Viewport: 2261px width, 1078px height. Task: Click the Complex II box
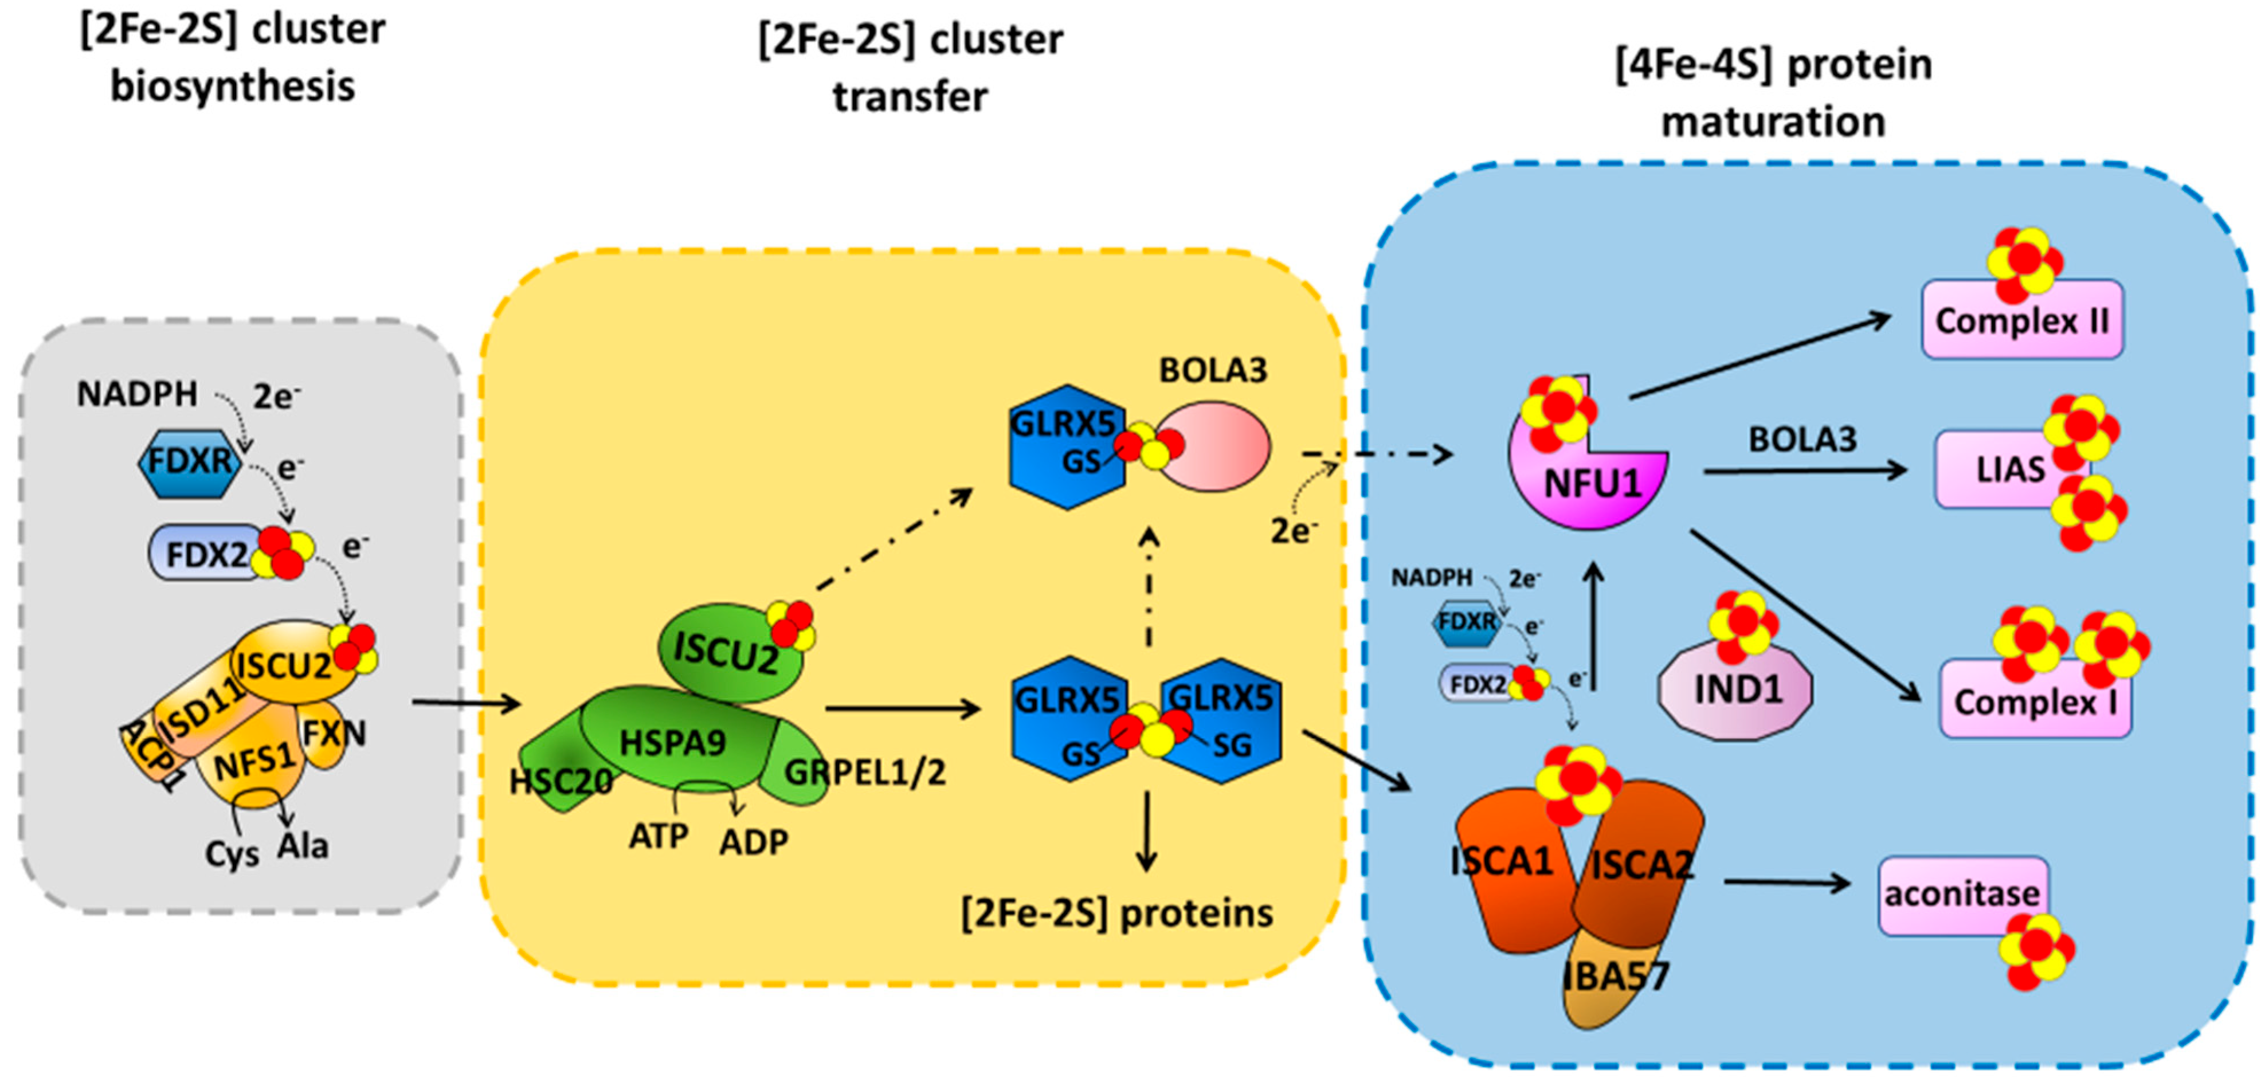tap(2021, 320)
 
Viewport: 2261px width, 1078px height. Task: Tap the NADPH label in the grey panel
tap(137, 394)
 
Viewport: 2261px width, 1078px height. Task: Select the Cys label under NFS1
tap(232, 854)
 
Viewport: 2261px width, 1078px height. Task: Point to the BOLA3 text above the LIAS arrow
tap(1802, 439)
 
